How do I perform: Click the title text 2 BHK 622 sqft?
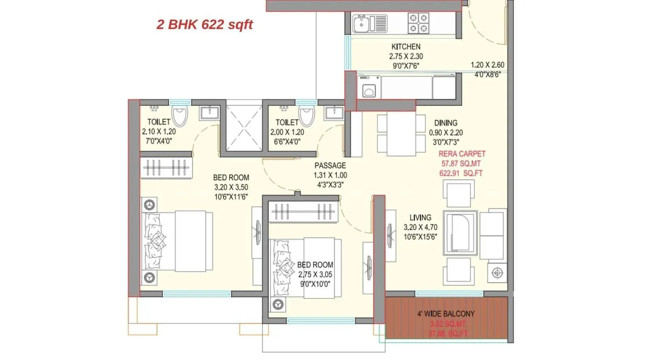click(205, 24)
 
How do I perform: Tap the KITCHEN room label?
click(406, 47)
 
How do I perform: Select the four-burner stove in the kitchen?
click(418, 23)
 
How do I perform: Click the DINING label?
click(446, 123)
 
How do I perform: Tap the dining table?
click(401, 134)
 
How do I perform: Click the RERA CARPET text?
click(462, 154)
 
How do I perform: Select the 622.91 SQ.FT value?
click(461, 173)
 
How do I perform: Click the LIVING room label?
click(420, 217)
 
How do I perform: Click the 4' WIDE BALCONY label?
click(446, 313)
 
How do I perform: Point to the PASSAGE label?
click(330, 165)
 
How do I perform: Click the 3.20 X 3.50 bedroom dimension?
click(231, 187)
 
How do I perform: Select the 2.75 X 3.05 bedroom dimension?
click(315, 274)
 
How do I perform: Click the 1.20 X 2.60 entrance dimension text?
click(487, 65)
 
